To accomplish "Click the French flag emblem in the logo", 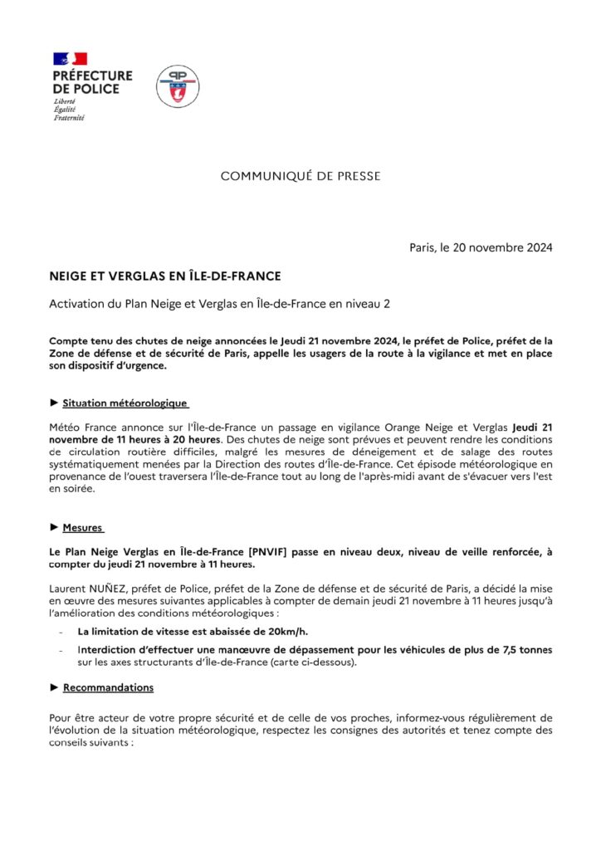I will [71, 59].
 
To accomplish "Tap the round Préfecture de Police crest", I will [178, 86].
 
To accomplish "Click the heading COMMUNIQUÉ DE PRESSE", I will [300, 176].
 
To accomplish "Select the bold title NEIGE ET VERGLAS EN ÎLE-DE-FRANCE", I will [164, 275].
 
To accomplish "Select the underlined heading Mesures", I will [83, 527].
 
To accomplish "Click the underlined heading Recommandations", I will [108, 687].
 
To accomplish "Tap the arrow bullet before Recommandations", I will [54, 687].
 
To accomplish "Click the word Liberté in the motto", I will [64, 101].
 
